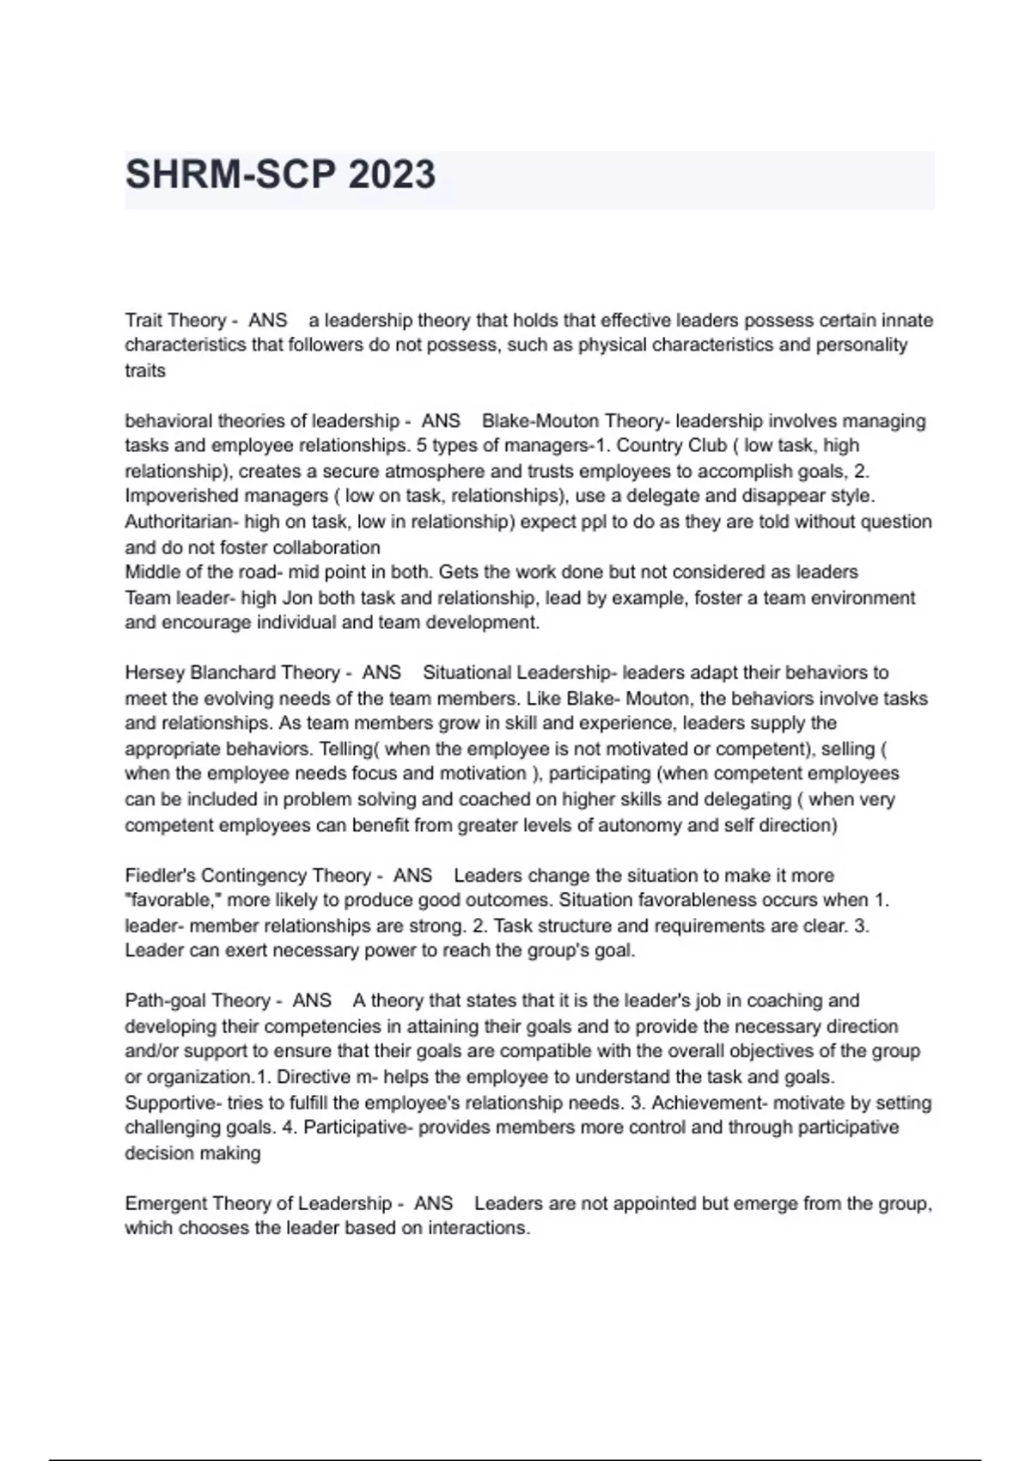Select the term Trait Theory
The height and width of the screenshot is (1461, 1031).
pyautogui.click(x=174, y=321)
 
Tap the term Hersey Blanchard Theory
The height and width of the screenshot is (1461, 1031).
pyautogui.click(x=232, y=673)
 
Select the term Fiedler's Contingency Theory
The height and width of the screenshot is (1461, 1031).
pyautogui.click(x=247, y=876)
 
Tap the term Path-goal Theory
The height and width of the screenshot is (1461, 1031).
pyautogui.click(x=197, y=1001)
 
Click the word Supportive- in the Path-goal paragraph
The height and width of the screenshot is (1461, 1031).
pyautogui.click(x=173, y=1103)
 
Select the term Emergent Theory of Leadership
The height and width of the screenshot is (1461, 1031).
pyautogui.click(x=258, y=1203)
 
